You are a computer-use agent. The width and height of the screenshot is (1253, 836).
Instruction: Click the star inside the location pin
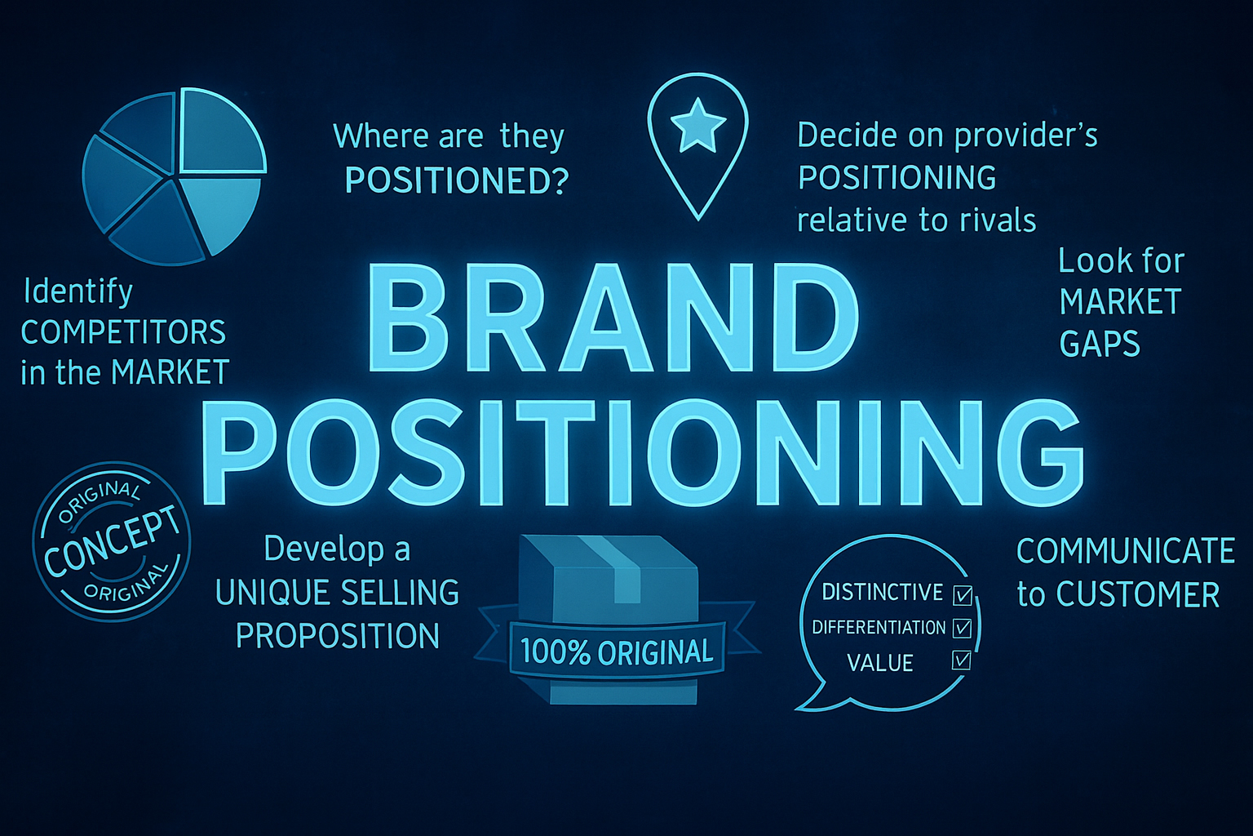pyautogui.click(x=697, y=126)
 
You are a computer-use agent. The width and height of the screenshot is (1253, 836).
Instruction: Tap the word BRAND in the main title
pyautogui.click(x=613, y=317)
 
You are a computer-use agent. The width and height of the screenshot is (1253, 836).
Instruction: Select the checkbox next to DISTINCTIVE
pyautogui.click(x=962, y=595)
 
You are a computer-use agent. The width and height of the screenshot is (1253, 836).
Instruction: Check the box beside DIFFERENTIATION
pyautogui.click(x=962, y=628)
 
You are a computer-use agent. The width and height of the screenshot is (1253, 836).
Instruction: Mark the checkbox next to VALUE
pyautogui.click(x=961, y=660)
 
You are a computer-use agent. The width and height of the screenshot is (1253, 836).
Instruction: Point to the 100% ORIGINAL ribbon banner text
pyautogui.click(x=617, y=651)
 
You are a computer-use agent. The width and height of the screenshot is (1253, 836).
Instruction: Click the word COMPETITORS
pyautogui.click(x=123, y=332)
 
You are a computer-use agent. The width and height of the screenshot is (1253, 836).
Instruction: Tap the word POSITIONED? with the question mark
pyautogui.click(x=457, y=180)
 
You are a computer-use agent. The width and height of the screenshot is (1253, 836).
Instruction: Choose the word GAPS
pyautogui.click(x=1099, y=344)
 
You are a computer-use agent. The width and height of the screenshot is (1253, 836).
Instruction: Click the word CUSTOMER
pyautogui.click(x=1138, y=594)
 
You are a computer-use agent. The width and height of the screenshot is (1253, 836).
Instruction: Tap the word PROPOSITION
pyautogui.click(x=338, y=636)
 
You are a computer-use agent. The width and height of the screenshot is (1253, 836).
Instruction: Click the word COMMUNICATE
pyautogui.click(x=1126, y=551)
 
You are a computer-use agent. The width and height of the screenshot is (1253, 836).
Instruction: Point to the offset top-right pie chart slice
pyautogui.click(x=221, y=131)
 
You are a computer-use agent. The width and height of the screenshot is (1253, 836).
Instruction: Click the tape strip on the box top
pyautogui.click(x=613, y=567)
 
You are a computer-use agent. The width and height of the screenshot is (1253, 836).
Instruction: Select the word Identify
pyautogui.click(x=78, y=292)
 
